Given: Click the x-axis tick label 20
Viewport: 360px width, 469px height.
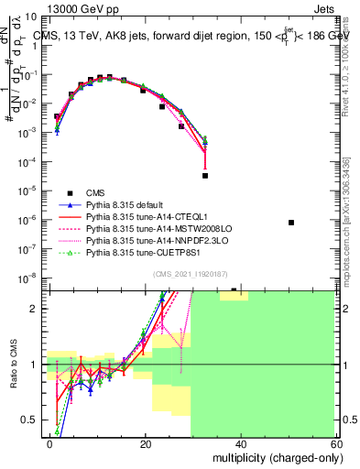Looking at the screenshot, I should tap(146, 443).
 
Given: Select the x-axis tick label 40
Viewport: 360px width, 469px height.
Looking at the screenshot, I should tap(242, 443).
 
